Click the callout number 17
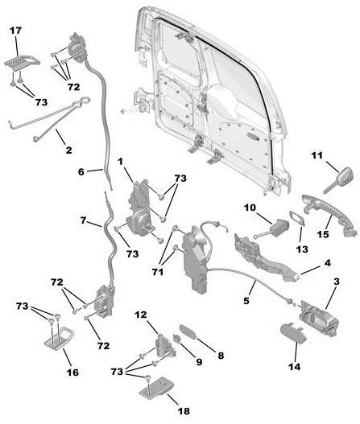point(15,31)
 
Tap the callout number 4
point(326,262)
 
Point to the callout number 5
point(247,303)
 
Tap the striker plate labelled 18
point(155,393)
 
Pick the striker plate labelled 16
point(56,338)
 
